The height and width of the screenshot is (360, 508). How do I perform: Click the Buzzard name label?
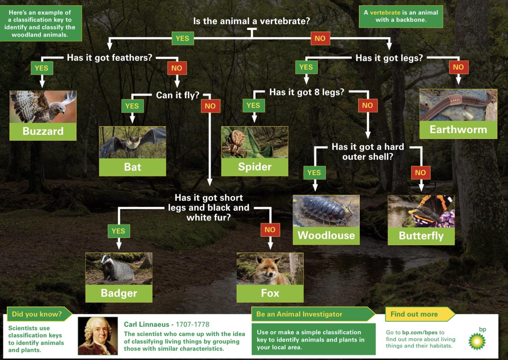point(43,131)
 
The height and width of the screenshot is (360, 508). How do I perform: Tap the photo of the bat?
point(133,142)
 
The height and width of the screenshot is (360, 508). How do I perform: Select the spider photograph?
point(255,142)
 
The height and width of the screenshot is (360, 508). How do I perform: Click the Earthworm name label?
point(458,130)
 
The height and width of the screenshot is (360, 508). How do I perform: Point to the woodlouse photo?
point(326,211)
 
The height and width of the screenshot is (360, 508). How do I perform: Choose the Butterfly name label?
point(421,236)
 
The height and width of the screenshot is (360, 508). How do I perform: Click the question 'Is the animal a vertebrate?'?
point(251,21)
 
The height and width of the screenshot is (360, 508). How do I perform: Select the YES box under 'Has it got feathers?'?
point(42,68)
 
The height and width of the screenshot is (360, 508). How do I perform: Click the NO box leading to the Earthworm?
point(458,67)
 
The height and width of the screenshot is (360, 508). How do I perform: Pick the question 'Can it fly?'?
point(178,95)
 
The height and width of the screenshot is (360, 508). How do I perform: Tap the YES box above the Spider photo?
point(253,106)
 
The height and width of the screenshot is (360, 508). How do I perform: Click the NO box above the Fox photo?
point(270,230)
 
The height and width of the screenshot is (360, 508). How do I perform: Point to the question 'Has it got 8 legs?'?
point(307,92)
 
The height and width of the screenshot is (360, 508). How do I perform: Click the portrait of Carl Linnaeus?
point(98,336)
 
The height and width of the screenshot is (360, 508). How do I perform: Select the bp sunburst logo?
point(477,341)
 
